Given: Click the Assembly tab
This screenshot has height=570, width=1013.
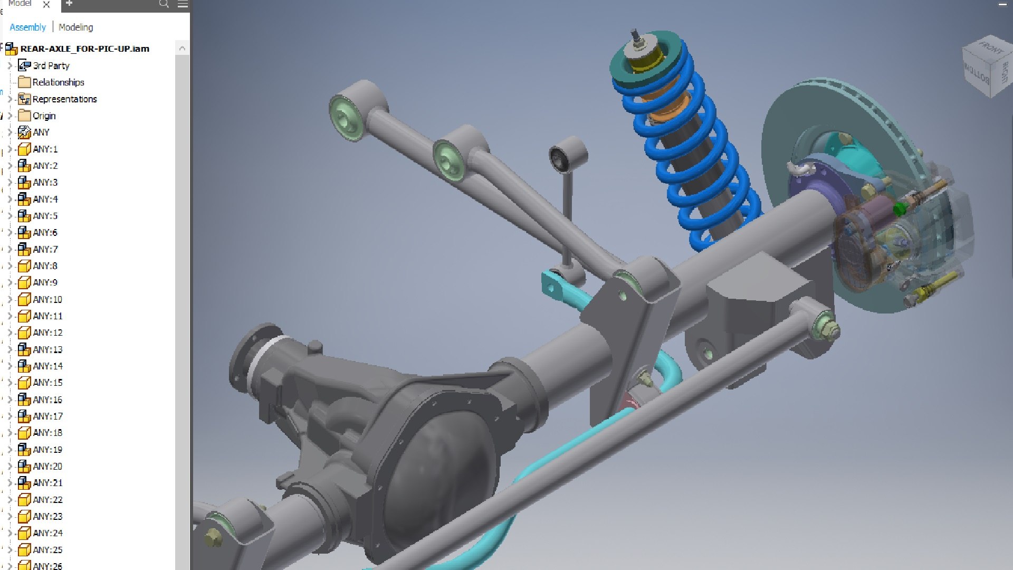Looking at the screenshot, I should [x=27, y=27].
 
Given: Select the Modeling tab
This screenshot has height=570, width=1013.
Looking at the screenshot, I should [x=75, y=27].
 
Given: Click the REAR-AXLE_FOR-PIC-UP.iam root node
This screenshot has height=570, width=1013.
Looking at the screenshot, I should [x=84, y=49].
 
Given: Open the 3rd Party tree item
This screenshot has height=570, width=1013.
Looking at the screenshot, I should [x=51, y=66].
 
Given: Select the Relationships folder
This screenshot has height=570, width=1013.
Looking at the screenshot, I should [x=58, y=82].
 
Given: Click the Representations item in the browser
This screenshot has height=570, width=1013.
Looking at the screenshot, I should [x=64, y=99].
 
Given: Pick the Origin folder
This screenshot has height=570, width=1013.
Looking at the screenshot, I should [x=44, y=116].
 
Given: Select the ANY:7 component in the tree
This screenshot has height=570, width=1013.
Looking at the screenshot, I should [x=45, y=249].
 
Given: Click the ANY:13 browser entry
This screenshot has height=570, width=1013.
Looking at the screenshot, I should [x=47, y=349].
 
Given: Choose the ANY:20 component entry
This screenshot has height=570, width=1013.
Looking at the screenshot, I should [x=47, y=467].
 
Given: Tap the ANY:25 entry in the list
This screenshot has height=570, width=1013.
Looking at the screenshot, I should [x=47, y=550].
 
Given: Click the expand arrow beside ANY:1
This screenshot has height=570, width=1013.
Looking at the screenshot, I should [x=9, y=149].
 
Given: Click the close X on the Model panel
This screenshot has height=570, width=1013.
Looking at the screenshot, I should [x=46, y=5].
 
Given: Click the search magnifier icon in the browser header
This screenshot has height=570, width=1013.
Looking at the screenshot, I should [x=164, y=4].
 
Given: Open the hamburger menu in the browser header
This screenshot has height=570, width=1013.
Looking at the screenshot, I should [x=183, y=4].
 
